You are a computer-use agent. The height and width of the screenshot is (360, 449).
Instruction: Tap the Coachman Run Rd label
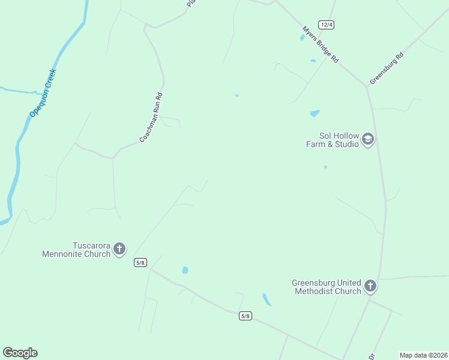coord(151,117)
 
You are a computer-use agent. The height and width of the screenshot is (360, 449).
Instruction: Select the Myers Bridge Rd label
coord(321,44)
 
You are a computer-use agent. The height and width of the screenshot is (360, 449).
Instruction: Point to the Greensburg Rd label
coord(387,68)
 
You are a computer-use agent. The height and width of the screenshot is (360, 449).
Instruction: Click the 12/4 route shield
coord(326,25)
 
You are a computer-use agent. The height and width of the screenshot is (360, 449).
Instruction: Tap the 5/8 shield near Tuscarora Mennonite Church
coord(140,262)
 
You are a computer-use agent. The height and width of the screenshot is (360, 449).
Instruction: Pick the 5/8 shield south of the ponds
coord(245,316)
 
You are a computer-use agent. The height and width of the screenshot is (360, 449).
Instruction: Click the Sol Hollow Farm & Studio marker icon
coord(368,140)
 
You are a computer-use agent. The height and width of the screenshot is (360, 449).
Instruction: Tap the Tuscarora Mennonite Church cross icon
coord(119,248)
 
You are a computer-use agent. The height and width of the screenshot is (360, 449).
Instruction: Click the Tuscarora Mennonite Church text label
coord(76,249)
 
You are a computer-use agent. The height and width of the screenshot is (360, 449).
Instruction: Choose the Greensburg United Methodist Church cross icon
coord(370,286)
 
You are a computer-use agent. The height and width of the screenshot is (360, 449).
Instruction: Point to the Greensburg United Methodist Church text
coord(327,287)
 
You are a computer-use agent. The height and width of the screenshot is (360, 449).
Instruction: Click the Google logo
coord(20,353)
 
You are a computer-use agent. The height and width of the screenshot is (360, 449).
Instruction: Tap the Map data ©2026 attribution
coord(423,355)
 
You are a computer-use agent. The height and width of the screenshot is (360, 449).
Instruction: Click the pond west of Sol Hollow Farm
coord(315,113)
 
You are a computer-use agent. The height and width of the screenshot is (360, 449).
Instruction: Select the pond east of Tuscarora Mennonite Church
coord(185,271)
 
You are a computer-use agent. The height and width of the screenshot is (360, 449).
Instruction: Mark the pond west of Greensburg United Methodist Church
coord(267,299)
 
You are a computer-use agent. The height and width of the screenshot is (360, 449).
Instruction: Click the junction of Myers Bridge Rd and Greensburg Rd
coord(366,85)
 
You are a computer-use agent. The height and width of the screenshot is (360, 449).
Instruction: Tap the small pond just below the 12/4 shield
coord(302,38)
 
